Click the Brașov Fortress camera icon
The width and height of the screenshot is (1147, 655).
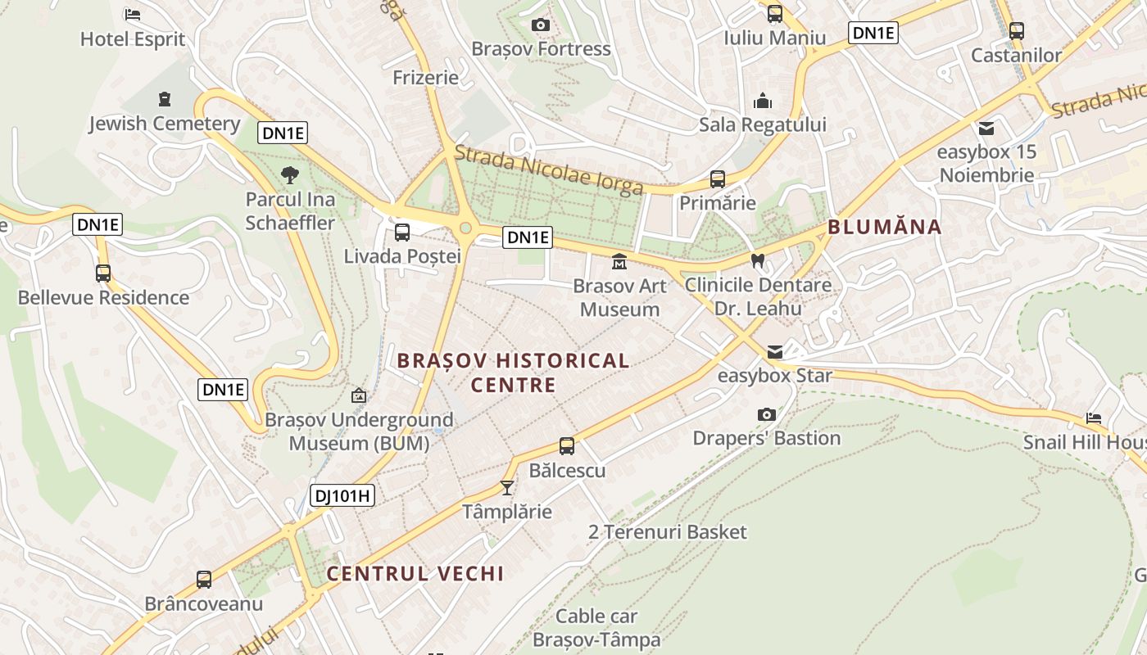[540, 25]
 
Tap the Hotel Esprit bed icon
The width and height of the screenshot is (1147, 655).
[132, 15]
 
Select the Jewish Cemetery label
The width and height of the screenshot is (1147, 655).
[164, 124]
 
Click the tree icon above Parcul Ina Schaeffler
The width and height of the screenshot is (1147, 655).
[289, 174]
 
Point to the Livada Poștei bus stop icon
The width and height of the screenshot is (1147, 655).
[401, 232]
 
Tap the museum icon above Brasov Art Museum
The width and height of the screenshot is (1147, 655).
[619, 262]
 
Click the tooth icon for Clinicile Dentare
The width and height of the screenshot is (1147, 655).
[758, 261]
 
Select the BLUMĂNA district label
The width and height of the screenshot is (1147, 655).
[885, 227]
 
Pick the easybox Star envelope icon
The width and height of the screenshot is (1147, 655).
[774, 352]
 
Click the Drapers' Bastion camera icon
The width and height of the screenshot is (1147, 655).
[766, 414]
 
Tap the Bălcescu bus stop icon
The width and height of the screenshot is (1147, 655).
[567, 446]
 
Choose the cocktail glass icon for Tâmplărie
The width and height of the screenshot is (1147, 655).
[507, 488]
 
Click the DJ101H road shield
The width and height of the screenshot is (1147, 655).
[342, 495]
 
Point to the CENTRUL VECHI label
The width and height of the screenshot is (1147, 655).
[415, 573]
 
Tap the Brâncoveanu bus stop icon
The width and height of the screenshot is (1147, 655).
[204, 580]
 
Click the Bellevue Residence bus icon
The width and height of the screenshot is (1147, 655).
[103, 273]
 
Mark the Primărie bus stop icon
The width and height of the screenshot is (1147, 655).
[718, 178]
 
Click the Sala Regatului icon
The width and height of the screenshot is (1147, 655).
[763, 102]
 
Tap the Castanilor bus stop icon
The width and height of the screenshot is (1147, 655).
[1016, 31]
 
